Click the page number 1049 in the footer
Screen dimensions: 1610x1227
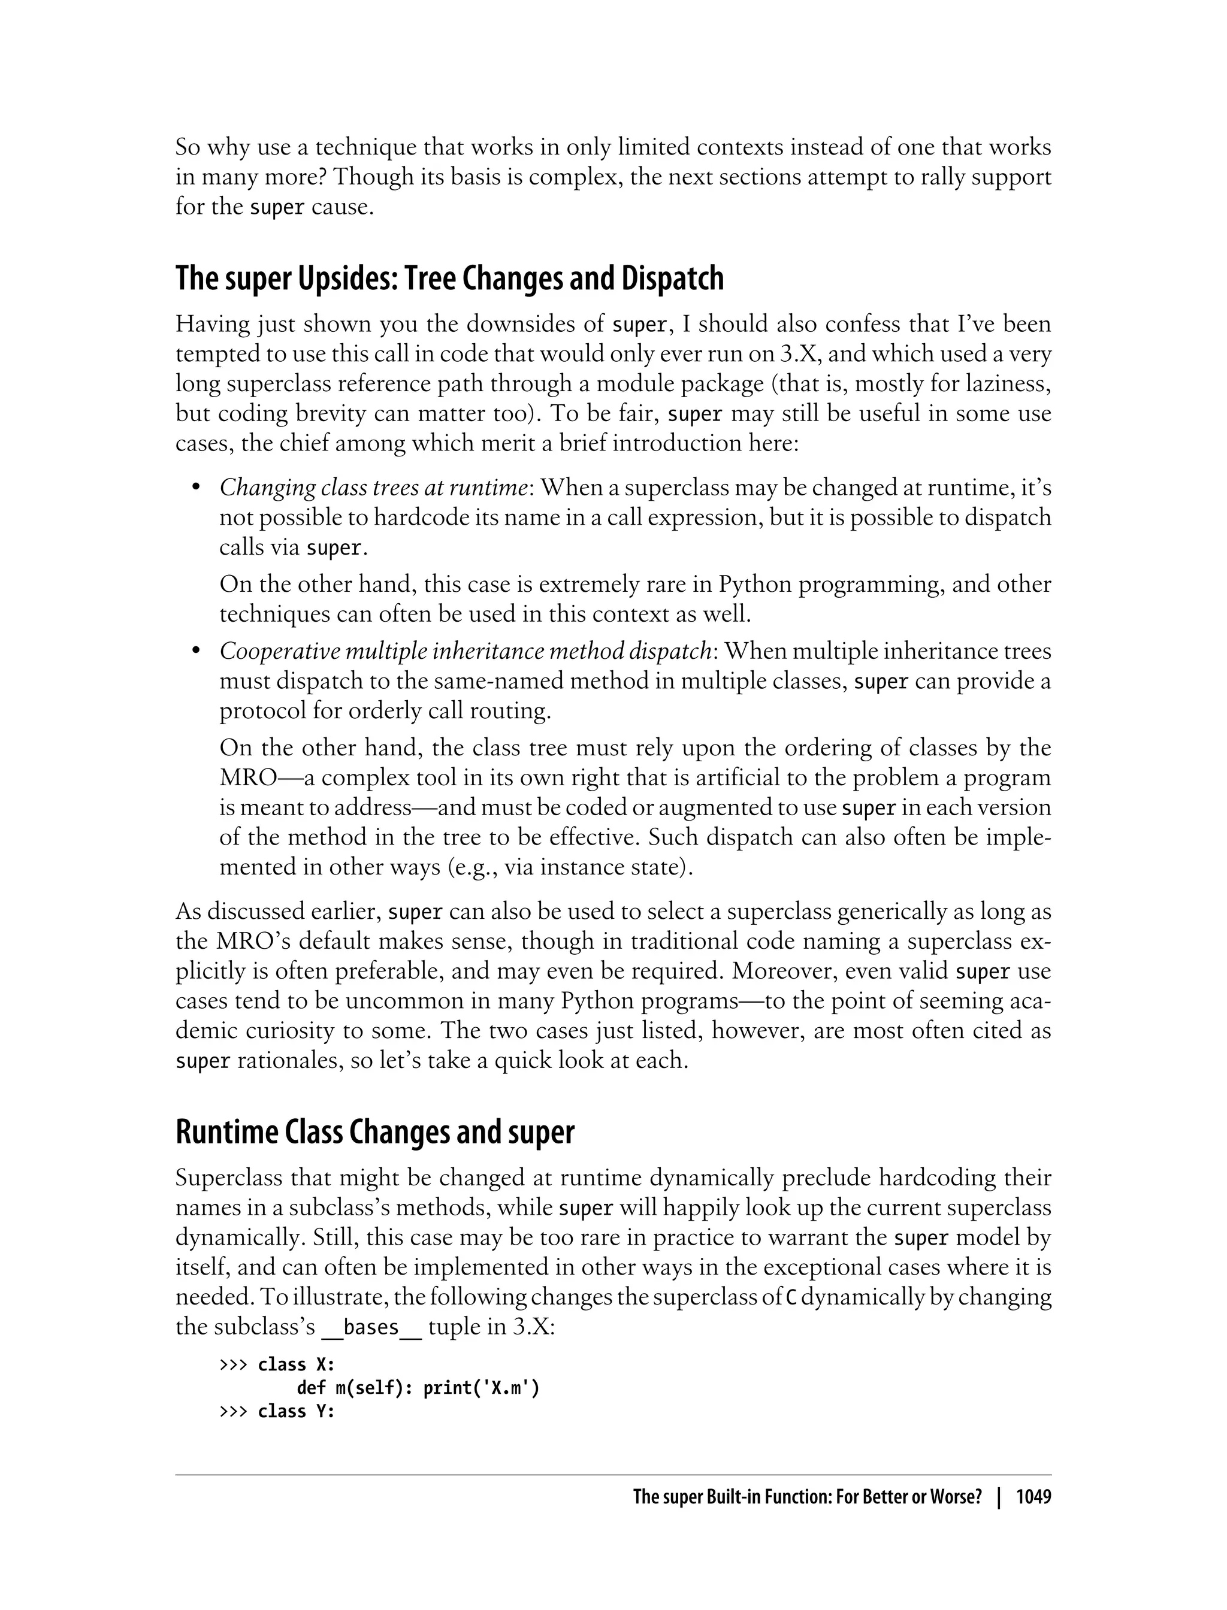pos(1033,1497)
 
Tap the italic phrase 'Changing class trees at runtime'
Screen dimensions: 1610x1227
pos(373,487)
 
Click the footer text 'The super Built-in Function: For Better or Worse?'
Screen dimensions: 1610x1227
pos(807,1497)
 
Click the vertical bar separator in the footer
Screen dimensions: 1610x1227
pos(998,1497)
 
